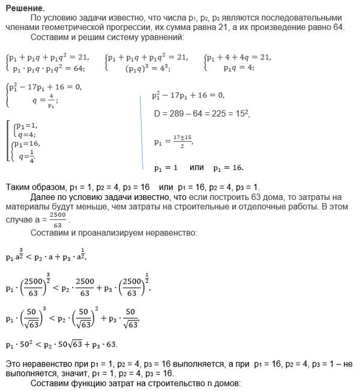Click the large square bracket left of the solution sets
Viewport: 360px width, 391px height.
coord(8,141)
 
